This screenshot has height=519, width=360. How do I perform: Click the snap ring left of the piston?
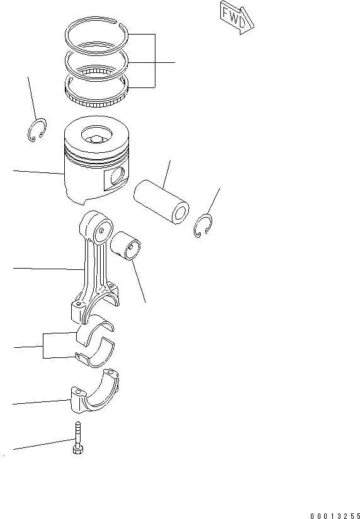coord(37,130)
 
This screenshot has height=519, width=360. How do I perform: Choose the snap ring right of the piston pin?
coord(203,226)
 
